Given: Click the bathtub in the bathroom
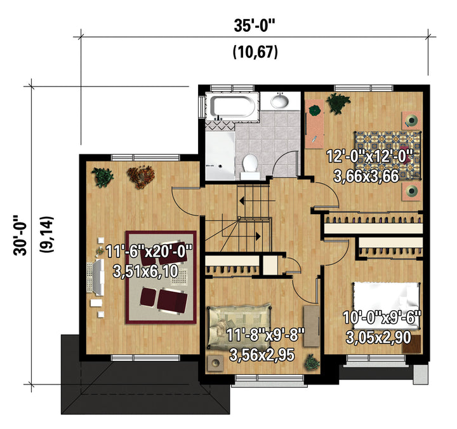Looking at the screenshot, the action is coord(232,106).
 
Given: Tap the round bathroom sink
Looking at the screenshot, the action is coord(280,101).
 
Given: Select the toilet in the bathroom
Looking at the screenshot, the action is coord(250,167).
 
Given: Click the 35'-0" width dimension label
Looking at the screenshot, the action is coord(255,25).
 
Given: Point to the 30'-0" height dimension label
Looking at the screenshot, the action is coord(20,235).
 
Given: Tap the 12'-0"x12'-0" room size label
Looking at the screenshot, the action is coord(369,156).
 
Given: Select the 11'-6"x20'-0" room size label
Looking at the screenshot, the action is coord(149,251).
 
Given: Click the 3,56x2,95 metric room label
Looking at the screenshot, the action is coord(262,355).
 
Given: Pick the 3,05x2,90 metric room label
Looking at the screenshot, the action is coord(378,337).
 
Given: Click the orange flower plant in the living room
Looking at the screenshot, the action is coord(141,177).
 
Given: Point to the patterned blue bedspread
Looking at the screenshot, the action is coord(388,154).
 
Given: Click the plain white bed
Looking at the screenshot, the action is coord(387,306).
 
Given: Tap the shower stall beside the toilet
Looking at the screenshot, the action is coord(220,156).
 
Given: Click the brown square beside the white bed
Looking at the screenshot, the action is coord(411,344).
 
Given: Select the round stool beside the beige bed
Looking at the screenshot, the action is coord(215,364).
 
